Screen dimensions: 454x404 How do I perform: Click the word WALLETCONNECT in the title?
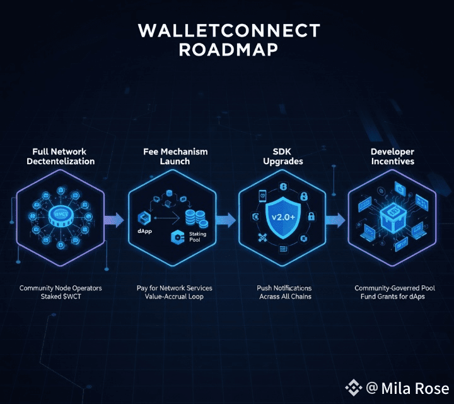click(228, 31)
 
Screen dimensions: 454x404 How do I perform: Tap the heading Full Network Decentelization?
click(61, 157)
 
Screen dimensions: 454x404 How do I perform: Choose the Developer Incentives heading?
click(392, 157)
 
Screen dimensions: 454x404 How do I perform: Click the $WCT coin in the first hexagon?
click(61, 215)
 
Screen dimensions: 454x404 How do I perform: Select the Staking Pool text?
click(198, 237)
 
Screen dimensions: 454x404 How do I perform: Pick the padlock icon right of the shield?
click(311, 217)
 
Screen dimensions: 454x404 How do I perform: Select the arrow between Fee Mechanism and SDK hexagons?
click(225, 220)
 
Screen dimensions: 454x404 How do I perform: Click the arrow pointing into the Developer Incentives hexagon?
click(336, 220)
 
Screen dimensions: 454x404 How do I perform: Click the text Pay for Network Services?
click(175, 288)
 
